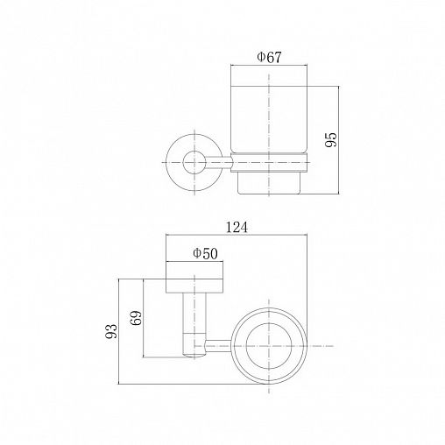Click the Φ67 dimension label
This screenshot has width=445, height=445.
coord(269,57)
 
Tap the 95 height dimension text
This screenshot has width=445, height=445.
coord(331,139)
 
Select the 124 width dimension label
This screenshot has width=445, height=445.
coord(237,227)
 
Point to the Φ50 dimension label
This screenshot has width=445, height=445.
coord(205,253)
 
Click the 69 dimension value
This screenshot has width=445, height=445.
coord(136,318)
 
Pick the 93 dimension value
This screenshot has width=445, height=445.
coord(111,331)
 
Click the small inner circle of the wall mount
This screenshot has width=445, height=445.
coord(194,162)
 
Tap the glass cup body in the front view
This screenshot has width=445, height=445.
coord(269,119)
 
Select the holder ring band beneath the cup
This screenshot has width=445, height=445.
coord(270,162)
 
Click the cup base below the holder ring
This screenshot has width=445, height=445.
coord(269,183)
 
